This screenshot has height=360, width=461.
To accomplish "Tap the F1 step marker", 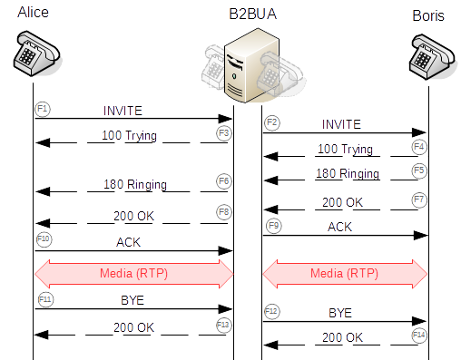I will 42,108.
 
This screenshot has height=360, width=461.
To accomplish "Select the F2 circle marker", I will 271,122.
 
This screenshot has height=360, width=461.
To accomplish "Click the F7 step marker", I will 417,198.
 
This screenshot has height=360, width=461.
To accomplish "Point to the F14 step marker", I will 417,335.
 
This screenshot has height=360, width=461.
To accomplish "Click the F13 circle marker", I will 223,324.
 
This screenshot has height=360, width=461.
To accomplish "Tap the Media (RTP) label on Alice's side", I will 133,272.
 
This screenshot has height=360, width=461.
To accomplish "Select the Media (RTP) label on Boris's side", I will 344,272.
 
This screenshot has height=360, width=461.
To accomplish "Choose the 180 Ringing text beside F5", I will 347,172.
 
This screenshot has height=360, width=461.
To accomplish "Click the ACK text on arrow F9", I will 340,227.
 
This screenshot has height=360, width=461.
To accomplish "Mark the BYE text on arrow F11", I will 132,299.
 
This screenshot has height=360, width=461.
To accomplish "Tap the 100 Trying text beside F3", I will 129,135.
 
